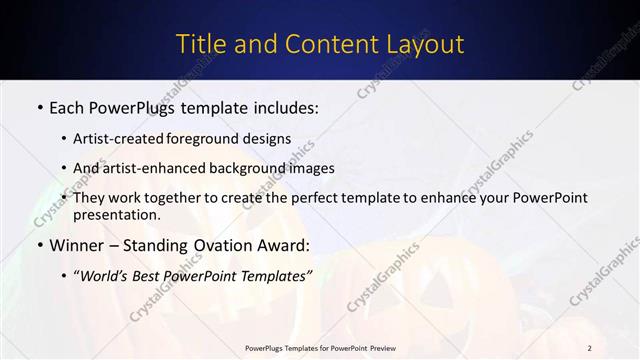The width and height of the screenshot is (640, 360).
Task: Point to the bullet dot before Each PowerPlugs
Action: [x=38, y=105]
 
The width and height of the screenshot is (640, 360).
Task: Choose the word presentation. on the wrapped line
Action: [x=123, y=215]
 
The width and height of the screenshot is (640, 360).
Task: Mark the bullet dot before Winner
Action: [x=38, y=245]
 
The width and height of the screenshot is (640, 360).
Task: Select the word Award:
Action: [x=286, y=245]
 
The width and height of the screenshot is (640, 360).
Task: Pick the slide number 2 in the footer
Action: [x=590, y=348]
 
